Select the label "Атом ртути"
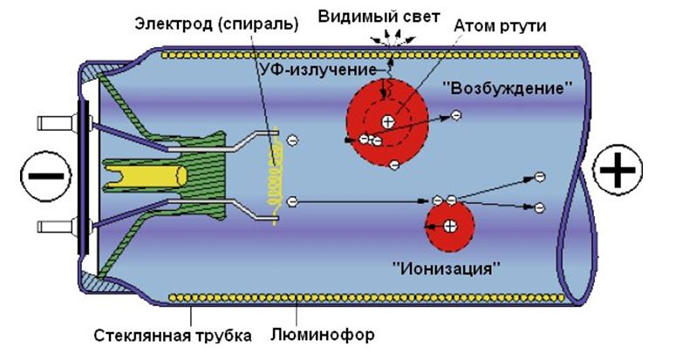[x=500, y=25]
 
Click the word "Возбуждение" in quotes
[x=509, y=89]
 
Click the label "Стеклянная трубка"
[x=174, y=336]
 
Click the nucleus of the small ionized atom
[x=448, y=228]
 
